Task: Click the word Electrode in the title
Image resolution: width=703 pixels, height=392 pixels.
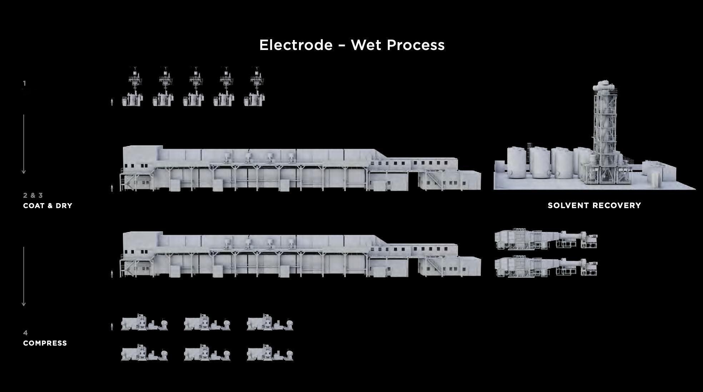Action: click(x=296, y=45)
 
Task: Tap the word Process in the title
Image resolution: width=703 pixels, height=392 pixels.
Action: click(x=415, y=45)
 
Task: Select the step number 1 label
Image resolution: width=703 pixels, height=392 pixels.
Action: click(x=24, y=83)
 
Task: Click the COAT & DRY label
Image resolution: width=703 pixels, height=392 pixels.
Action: click(x=48, y=206)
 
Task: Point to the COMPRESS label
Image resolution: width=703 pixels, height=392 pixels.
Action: click(x=45, y=343)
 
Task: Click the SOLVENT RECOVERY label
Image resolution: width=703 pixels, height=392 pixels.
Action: click(x=594, y=205)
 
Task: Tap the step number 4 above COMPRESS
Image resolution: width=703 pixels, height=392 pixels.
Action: click(x=25, y=333)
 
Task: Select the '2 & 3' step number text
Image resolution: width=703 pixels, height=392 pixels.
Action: click(x=33, y=195)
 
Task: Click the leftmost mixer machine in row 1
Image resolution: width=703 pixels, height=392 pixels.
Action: click(x=133, y=87)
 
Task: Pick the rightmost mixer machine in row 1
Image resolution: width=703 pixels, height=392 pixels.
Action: click(x=255, y=87)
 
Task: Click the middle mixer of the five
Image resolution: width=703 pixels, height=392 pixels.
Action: click(x=194, y=87)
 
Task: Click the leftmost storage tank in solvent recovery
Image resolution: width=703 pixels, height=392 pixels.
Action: click(x=517, y=162)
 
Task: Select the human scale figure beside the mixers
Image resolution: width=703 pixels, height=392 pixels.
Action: click(x=112, y=102)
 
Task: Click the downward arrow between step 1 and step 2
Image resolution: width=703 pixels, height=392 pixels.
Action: click(x=24, y=144)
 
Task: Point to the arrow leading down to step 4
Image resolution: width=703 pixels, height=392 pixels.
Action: click(x=24, y=276)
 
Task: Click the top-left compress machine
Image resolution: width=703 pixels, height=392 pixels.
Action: click(x=144, y=322)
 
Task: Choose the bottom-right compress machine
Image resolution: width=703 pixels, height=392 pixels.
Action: click(x=270, y=353)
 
